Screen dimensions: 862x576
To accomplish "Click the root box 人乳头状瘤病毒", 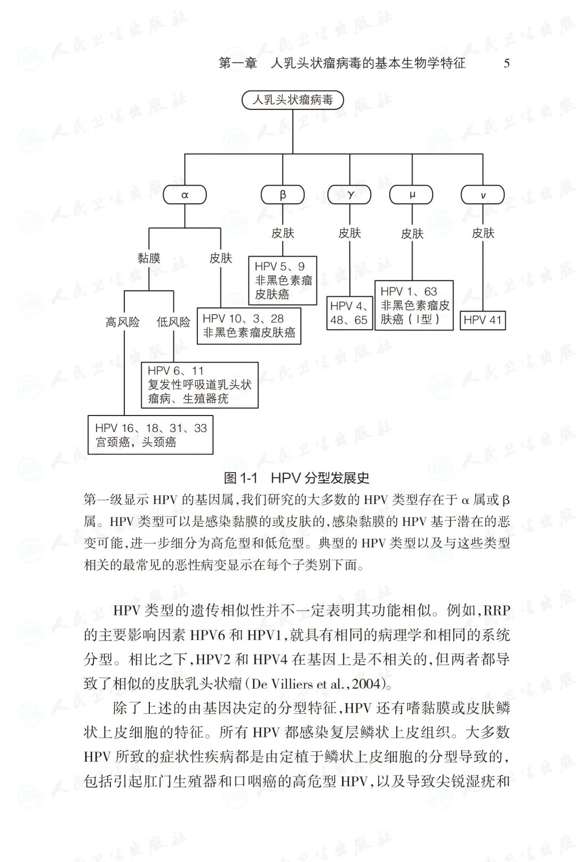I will coord(292,100).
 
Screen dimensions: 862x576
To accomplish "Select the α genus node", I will coord(185,195).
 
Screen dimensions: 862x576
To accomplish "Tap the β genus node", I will coord(283,195).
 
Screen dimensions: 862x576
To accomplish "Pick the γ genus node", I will coord(350,195).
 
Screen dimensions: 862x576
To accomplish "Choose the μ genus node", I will coord(412,195).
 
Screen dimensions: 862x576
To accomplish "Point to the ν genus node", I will coord(483,195).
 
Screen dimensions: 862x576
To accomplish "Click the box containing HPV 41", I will coord(483,320).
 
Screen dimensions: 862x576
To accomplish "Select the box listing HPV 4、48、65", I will coord(349,313).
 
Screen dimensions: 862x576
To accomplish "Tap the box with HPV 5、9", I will coord(283,280).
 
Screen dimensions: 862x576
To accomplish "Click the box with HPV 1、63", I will coord(414,305).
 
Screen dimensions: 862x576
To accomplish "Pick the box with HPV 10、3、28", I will coord(249,326).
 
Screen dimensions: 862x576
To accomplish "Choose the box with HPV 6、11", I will coord(199,385).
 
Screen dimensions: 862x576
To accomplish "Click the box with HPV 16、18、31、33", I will coord(150,435).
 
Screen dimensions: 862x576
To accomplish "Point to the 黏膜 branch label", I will coord(149,258).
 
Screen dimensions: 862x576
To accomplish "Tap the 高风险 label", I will coord(123,322).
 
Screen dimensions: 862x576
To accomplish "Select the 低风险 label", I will coord(173,322).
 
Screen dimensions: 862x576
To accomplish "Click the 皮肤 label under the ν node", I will coord(483,233).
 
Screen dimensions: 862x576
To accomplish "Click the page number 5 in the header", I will coord(506,63).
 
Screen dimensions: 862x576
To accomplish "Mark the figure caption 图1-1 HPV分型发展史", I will coord(297,477).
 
